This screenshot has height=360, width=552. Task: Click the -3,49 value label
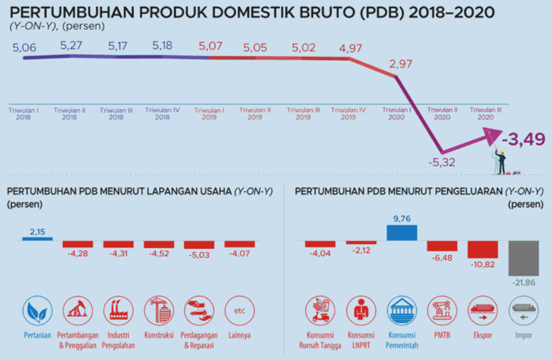coord(524,139)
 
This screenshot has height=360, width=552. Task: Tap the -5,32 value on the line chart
coord(442,162)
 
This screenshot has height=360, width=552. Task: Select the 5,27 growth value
coord(71,45)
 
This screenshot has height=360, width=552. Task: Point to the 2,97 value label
coord(400,64)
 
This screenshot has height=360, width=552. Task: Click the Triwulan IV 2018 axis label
coord(162,114)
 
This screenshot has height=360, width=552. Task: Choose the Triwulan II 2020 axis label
coord(442,114)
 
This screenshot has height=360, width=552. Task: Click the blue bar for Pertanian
coord(37,239)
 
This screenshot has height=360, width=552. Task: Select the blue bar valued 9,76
coord(402,233)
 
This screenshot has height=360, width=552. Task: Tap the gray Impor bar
coord(524,258)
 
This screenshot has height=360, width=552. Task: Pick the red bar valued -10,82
coord(482,250)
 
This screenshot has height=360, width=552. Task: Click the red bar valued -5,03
coord(199,245)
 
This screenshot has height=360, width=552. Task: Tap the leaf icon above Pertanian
coord(37,311)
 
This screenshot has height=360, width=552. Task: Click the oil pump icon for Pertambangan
coord(78,311)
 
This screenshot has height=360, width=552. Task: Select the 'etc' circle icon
coord(239,311)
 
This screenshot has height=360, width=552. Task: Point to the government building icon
coord(402,311)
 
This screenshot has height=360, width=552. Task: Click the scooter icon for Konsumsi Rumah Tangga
coord(320,311)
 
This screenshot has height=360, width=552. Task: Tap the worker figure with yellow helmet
coord(501,162)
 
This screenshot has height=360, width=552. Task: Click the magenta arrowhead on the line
coord(494,136)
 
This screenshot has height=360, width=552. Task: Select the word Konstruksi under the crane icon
coord(159,335)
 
